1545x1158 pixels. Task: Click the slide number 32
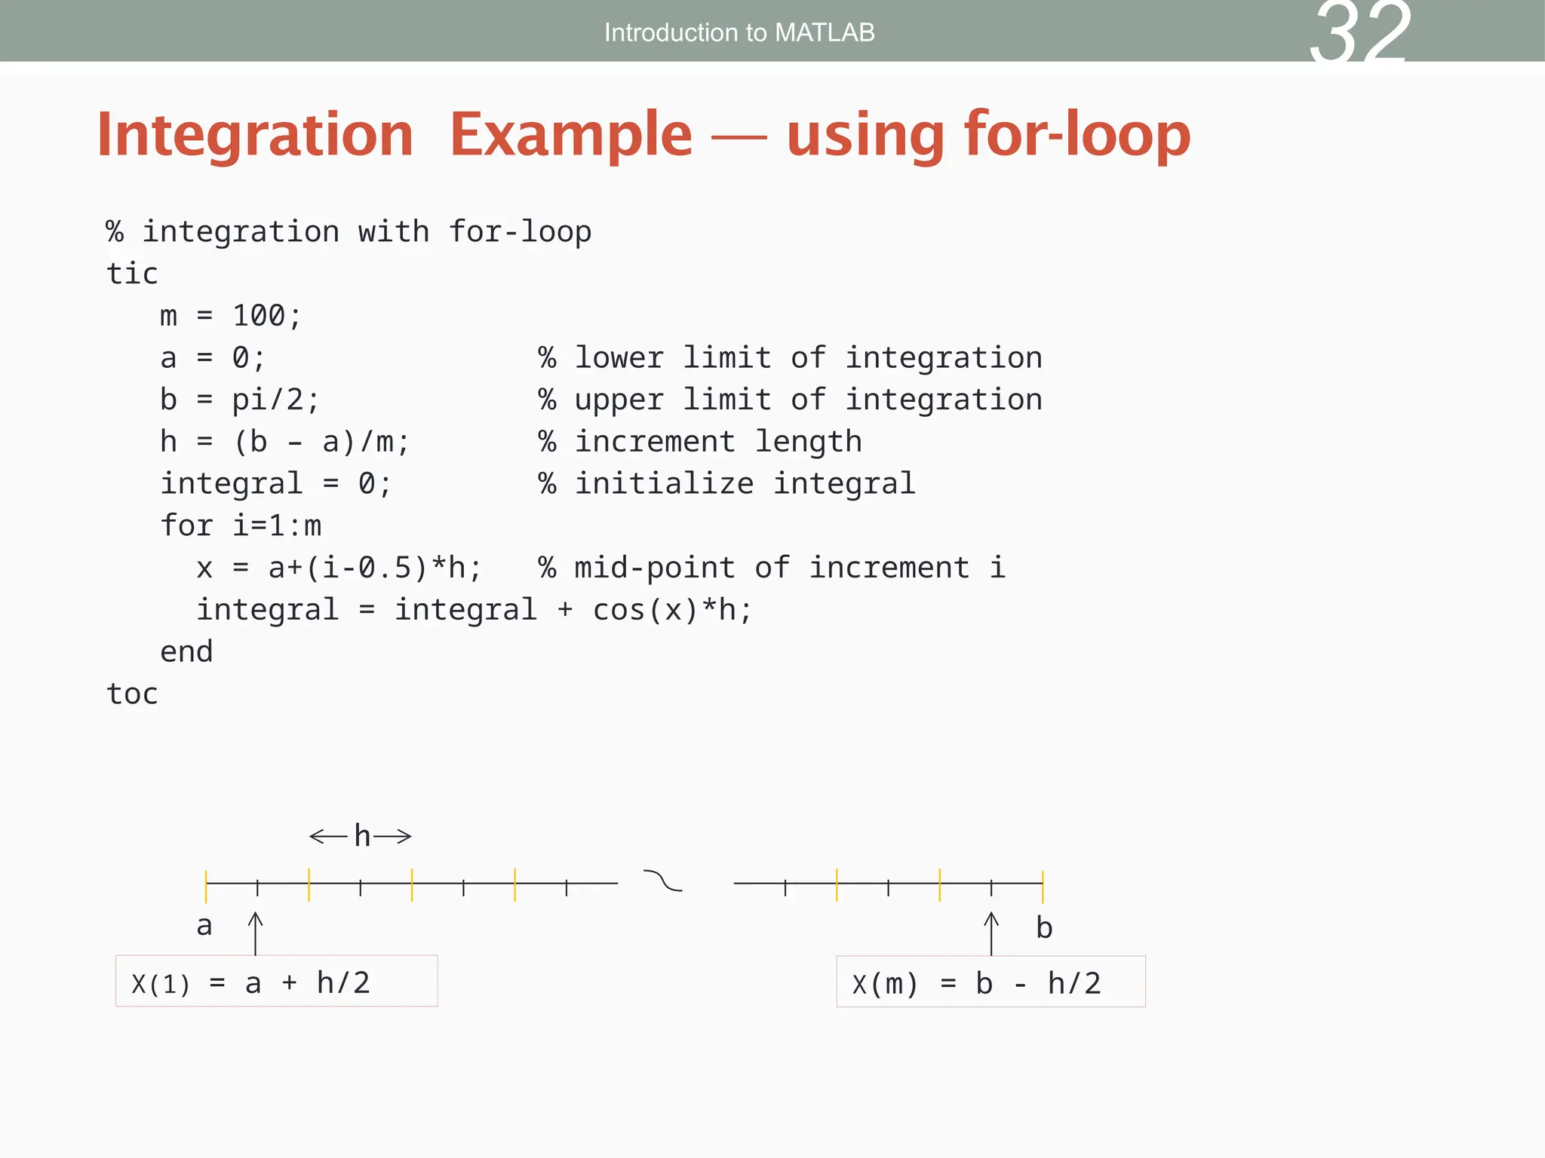pos(1360,34)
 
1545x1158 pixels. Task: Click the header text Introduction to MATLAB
pos(739,32)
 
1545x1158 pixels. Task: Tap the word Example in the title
pos(571,134)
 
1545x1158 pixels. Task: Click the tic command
pos(132,274)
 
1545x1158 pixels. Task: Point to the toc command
pos(132,694)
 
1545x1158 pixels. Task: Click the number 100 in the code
pos(258,316)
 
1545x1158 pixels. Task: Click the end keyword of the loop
pos(186,652)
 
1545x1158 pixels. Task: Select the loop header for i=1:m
pos(241,525)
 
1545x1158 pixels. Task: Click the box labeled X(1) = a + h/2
pos(276,981)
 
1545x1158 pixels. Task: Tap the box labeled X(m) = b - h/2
pos(991,982)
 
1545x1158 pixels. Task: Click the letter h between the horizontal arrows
pos(362,836)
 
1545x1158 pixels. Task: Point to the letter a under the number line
pos(204,926)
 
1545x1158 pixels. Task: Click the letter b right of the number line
pos(1044,928)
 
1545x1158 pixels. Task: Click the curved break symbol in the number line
pos(662,881)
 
